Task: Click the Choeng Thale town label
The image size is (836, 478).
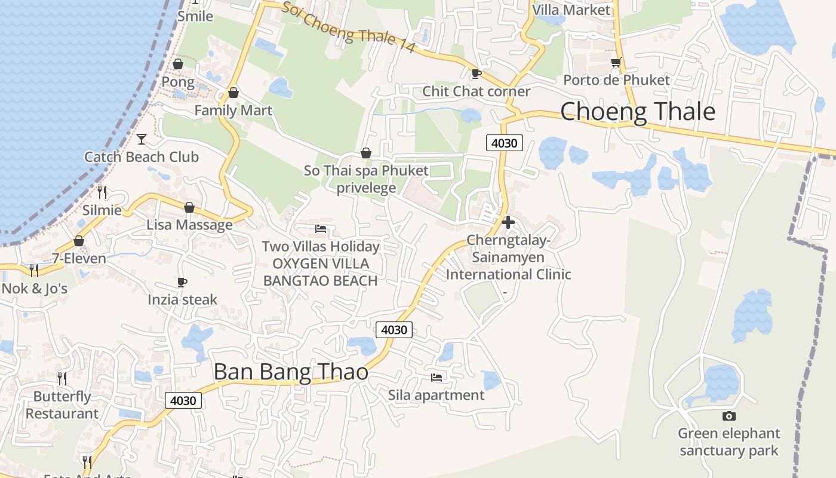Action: pos(637,112)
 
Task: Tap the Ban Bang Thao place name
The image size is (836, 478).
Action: pos(291,372)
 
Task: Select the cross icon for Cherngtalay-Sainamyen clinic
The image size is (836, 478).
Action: pos(508,222)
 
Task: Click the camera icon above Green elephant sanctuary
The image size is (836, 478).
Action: pos(729,416)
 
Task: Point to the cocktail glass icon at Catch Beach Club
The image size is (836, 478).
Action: pos(142,139)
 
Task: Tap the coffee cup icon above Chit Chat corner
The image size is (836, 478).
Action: pos(476,74)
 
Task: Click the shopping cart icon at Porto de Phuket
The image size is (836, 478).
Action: pos(616,63)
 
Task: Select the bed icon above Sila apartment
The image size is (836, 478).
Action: pos(437,378)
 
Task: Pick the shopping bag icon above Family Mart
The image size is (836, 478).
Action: pos(233,93)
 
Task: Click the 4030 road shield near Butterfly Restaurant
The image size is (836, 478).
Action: pos(183,400)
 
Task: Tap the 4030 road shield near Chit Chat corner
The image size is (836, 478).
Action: pos(505,143)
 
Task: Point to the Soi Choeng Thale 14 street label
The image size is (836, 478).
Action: pos(348,27)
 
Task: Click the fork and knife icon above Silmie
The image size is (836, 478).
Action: pos(102,192)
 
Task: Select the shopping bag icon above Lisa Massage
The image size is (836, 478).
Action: pos(189,208)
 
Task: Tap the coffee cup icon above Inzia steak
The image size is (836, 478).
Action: pos(182,282)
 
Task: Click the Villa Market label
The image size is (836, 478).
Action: pos(571,10)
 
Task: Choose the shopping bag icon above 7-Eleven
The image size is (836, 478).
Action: pos(78,241)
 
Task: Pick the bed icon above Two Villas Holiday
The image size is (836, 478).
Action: pos(321,229)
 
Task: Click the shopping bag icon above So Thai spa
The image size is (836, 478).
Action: pos(366,154)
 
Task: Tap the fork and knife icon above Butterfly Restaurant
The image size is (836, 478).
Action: pos(62,378)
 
